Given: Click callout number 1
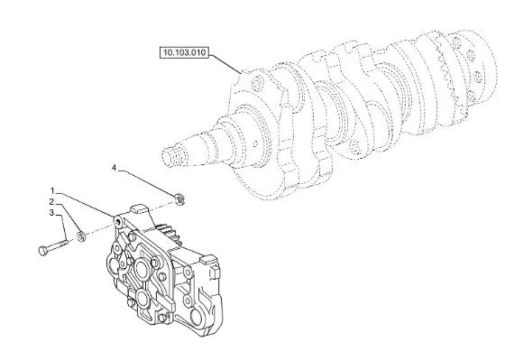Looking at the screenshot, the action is [52, 190].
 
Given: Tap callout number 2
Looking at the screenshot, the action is [51, 201].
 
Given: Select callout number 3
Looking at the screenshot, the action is [51, 213].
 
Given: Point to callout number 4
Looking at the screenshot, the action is [114, 168].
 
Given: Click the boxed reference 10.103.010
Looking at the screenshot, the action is [185, 52].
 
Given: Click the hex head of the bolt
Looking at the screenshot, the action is [43, 251].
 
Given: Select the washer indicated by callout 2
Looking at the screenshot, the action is [80, 236].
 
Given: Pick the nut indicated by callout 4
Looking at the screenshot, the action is [179, 198].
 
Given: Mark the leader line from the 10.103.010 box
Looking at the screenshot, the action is [225, 64].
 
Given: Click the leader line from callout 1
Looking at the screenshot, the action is [86, 204].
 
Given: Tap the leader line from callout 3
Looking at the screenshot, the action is [62, 227].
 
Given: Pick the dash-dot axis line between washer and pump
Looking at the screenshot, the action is [99, 230].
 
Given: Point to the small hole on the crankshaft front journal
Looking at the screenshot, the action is [256, 143].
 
